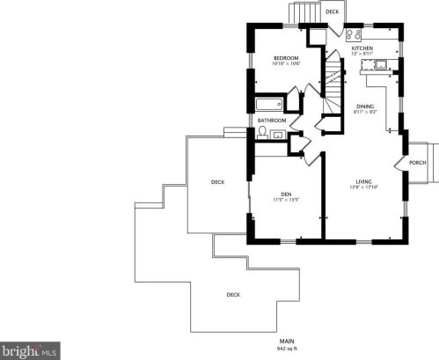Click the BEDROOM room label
[285, 57]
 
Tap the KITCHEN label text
[362, 48]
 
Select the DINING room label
[364, 106]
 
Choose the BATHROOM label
[272, 120]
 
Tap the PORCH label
[418, 163]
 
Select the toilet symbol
[262, 133]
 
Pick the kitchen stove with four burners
[355, 35]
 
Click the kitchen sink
[381, 65]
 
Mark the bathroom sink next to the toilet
[278, 135]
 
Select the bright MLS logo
[30, 350]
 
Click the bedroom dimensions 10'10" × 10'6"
[285, 64]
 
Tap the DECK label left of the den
[217, 182]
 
